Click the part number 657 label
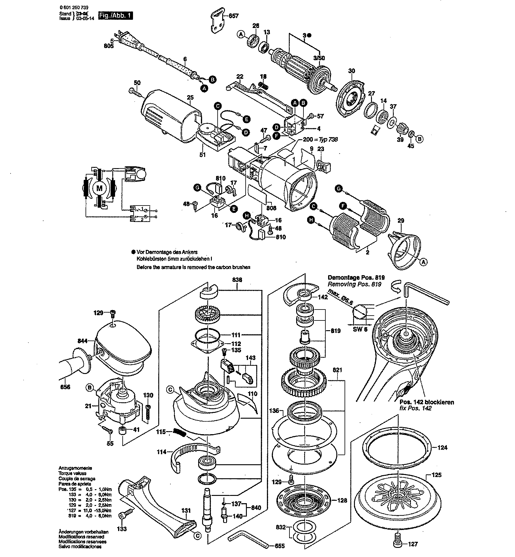pos(234,16)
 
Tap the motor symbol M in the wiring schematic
pos(100,188)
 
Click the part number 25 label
pos(190,98)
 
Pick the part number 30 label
pos(352,71)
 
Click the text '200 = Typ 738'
pos(321,140)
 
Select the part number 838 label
pos(237,280)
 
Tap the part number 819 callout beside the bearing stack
pos(336,331)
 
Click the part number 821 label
pos(338,370)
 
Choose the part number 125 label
pos(437,475)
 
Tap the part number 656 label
pos(65,387)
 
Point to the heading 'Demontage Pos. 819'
pos(356,278)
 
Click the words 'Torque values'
pos(72,473)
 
